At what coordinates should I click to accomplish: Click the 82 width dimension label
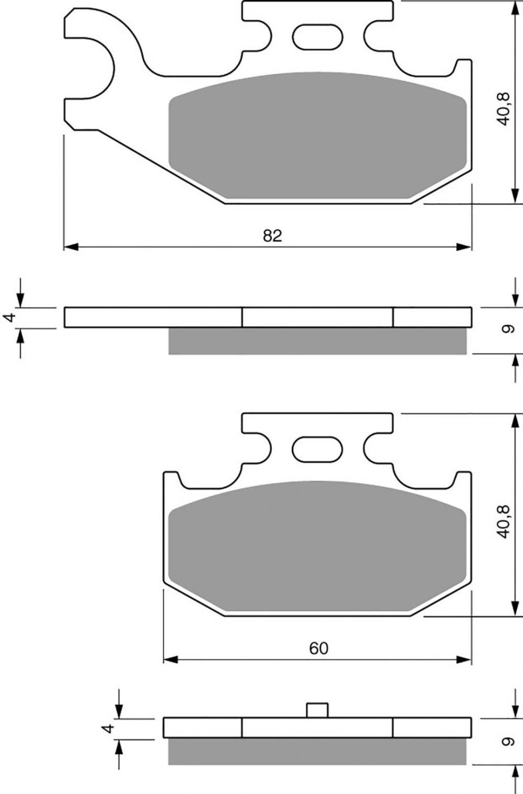coord(272,236)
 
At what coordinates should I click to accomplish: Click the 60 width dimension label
coord(319,648)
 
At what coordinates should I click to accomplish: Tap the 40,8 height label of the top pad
coord(503,109)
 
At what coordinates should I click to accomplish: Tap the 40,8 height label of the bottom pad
coord(503,521)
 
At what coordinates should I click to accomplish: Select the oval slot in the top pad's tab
coord(317,37)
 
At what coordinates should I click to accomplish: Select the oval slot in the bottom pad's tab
coord(317,450)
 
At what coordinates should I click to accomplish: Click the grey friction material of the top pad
coord(317,135)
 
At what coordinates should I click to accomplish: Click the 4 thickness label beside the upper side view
coord(10,317)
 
